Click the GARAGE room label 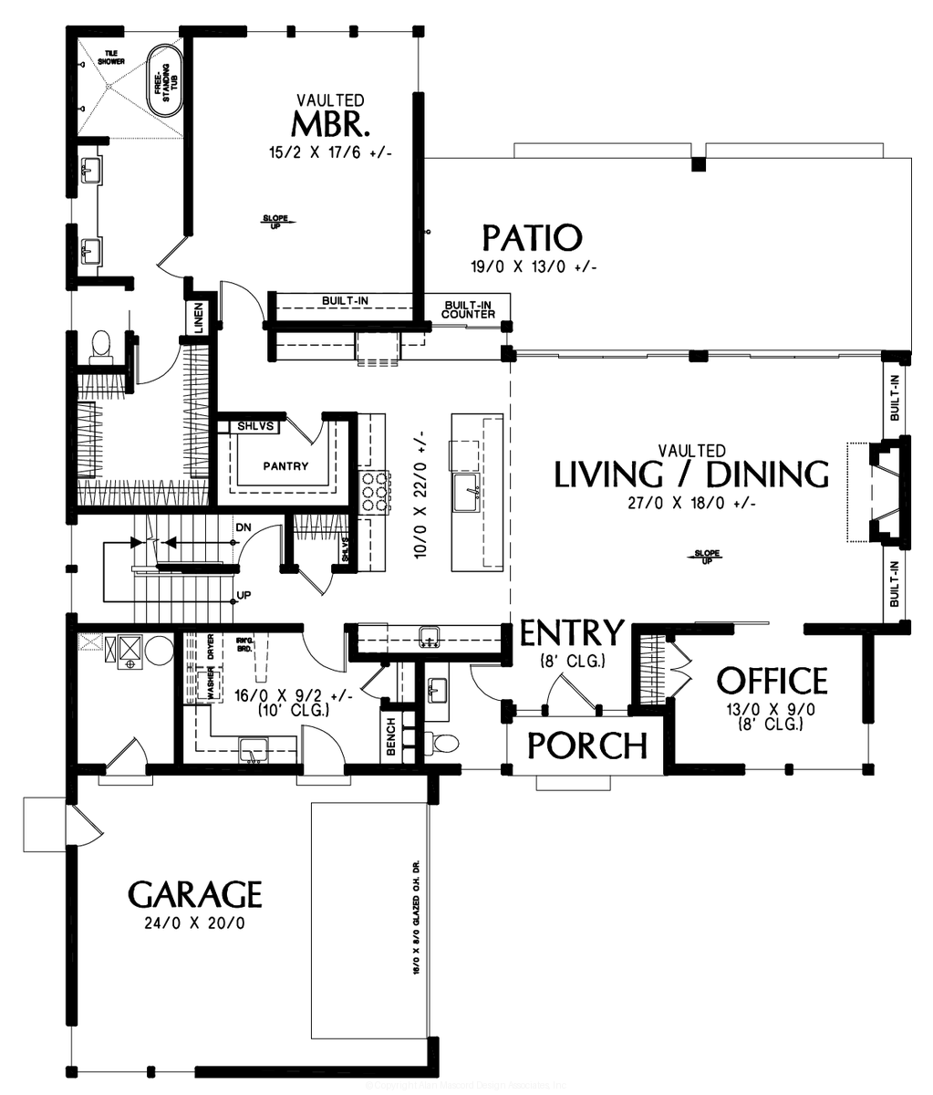click(x=195, y=894)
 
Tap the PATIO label click(x=532, y=238)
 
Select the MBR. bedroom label click(x=329, y=121)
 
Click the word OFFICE click(x=772, y=681)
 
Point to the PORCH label click(x=587, y=746)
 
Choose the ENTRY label click(x=572, y=632)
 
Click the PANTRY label click(x=285, y=466)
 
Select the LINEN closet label click(x=199, y=318)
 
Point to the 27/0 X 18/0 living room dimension click(x=691, y=503)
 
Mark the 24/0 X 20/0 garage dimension click(x=194, y=923)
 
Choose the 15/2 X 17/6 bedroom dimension click(x=329, y=153)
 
